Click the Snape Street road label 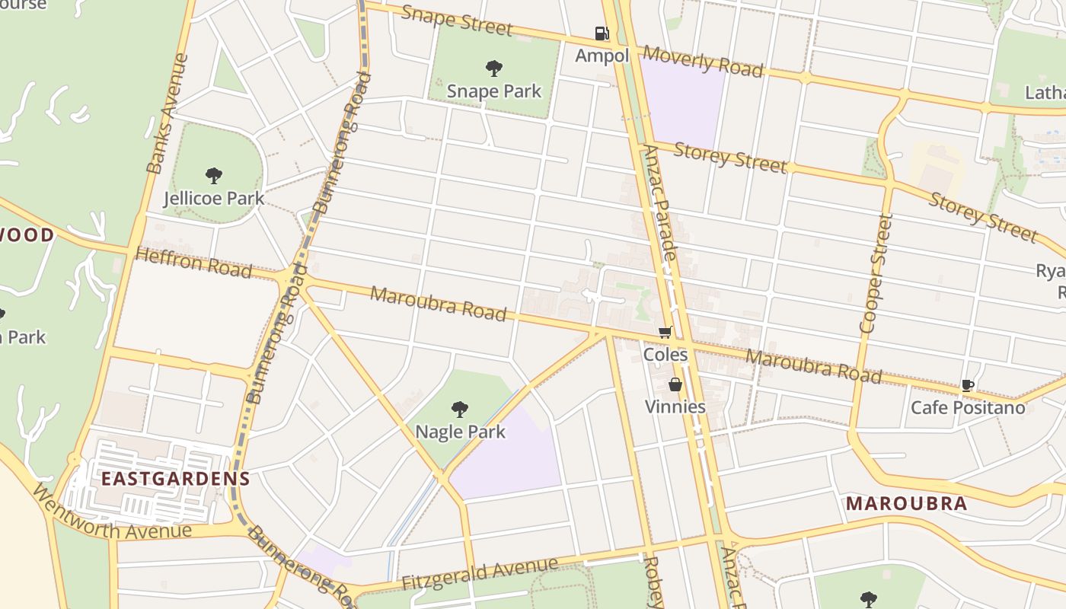click(x=456, y=21)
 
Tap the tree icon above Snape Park click(x=493, y=69)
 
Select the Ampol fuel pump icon click(x=602, y=33)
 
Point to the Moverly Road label click(x=702, y=61)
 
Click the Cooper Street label click(x=874, y=273)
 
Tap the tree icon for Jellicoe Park click(x=214, y=176)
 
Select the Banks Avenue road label click(x=168, y=113)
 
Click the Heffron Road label click(x=193, y=263)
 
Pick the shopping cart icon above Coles click(x=665, y=332)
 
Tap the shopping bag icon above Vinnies click(x=675, y=384)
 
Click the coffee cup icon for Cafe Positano click(x=967, y=386)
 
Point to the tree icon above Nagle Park click(x=459, y=410)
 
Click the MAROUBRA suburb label click(x=906, y=503)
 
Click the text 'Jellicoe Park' click(x=214, y=199)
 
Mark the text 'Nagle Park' click(x=460, y=432)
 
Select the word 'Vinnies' click(x=675, y=407)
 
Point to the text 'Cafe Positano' click(x=968, y=407)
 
